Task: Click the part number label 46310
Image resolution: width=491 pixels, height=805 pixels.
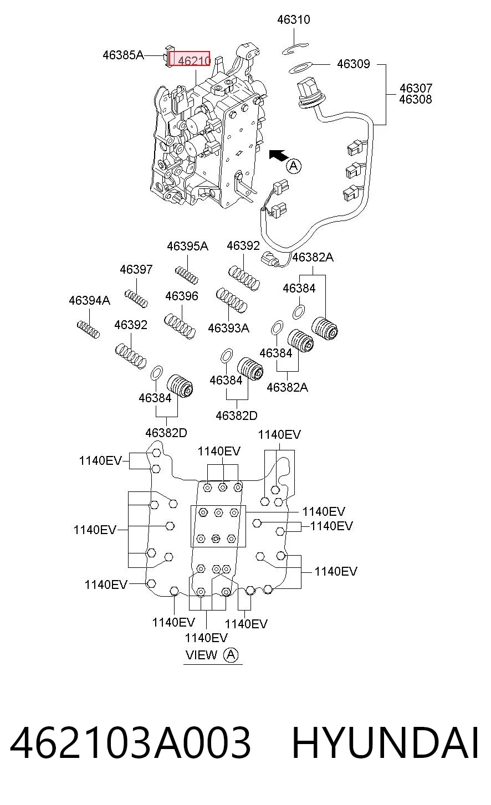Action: [x=293, y=19]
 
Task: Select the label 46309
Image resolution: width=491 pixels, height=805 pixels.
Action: [x=354, y=64]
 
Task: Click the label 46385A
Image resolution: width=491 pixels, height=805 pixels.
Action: [x=123, y=55]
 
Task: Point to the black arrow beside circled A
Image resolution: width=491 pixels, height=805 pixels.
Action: [x=278, y=155]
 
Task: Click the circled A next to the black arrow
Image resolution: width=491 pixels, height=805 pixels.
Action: [x=294, y=166]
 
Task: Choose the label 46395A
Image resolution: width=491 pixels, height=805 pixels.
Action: [x=188, y=246]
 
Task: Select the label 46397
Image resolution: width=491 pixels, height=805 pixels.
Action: [x=136, y=269]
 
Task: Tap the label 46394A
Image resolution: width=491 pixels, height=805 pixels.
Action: [x=90, y=300]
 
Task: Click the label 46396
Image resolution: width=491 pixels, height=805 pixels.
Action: [x=182, y=296]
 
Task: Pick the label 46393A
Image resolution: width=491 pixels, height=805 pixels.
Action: [x=229, y=328]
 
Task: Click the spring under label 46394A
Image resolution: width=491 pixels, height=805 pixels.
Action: [x=89, y=330]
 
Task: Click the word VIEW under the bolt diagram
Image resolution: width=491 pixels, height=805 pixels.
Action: [x=201, y=655]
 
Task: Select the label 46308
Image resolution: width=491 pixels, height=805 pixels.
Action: [x=416, y=99]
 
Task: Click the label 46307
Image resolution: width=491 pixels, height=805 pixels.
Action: [x=416, y=88]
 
